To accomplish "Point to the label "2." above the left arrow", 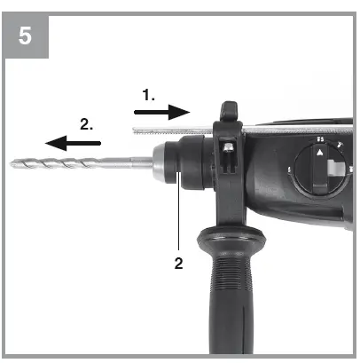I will click(86, 124).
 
